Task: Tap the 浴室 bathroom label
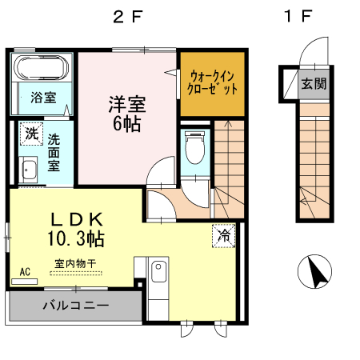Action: (x=43, y=98)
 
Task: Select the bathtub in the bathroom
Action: (x=44, y=70)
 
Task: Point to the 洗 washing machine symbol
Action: (x=31, y=134)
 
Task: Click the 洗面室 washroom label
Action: (x=54, y=151)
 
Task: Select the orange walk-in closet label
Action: (x=210, y=83)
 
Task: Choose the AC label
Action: (x=24, y=273)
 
